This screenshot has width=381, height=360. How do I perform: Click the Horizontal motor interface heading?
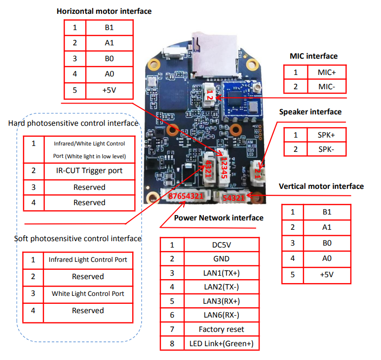click(x=104, y=11)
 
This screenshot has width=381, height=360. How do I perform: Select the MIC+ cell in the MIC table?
click(x=327, y=72)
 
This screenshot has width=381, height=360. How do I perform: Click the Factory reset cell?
click(x=221, y=329)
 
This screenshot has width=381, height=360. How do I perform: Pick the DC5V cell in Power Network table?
click(x=221, y=245)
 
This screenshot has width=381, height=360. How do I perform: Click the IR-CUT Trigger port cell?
click(x=89, y=171)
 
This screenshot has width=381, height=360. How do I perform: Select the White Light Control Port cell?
click(x=88, y=293)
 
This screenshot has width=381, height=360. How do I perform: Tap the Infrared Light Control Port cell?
click(x=88, y=259)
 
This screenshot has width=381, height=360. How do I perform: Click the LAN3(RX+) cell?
click(x=221, y=301)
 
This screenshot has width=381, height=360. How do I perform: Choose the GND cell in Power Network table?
click(x=221, y=258)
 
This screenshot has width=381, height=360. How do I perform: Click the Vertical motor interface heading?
click(x=321, y=186)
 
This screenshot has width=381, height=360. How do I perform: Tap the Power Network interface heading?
click(x=219, y=217)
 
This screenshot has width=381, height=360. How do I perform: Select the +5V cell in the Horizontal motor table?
click(x=110, y=90)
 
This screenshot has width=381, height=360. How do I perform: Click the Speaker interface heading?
click(x=310, y=112)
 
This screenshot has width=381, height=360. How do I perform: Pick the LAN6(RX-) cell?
click(x=221, y=315)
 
